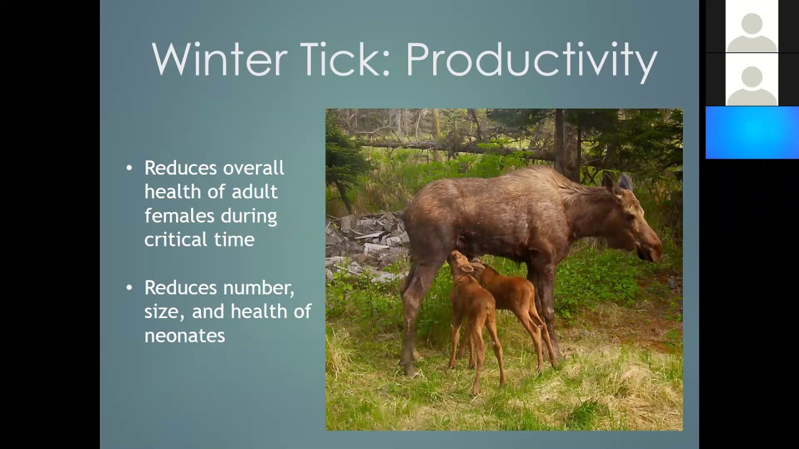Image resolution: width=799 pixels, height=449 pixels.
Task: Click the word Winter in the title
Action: tap(219, 60)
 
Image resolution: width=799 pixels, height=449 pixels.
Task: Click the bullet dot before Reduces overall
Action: tap(129, 168)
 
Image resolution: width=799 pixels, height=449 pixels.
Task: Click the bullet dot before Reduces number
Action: tap(129, 287)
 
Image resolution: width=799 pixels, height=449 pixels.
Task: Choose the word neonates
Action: tap(184, 336)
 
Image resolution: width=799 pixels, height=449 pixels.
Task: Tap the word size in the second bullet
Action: tap(163, 312)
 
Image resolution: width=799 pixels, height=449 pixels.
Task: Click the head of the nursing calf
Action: tap(459, 262)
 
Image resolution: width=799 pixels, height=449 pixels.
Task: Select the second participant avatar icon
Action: tap(752, 79)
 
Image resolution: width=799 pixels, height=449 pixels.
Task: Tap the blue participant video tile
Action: tap(752, 132)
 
